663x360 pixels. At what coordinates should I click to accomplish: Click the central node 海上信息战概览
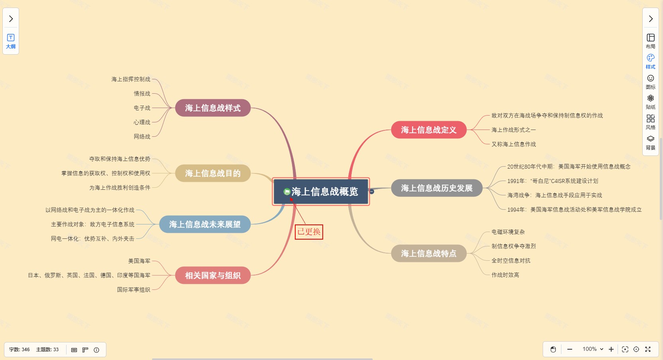[325, 192]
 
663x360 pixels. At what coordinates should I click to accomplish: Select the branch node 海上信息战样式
[213, 108]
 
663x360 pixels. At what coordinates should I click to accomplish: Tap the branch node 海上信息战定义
[428, 130]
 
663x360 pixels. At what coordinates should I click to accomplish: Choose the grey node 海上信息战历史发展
[436, 188]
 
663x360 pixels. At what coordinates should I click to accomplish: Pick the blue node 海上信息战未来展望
[205, 224]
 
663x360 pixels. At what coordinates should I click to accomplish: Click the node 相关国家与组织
[213, 275]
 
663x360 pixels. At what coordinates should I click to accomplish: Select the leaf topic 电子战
[142, 108]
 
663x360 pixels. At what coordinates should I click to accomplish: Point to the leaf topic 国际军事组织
[133, 290]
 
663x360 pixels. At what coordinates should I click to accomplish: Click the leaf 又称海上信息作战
[514, 144]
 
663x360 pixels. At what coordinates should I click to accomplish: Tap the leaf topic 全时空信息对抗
[511, 261]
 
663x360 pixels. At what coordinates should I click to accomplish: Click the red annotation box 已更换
[309, 232]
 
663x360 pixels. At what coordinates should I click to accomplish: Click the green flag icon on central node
[286, 192]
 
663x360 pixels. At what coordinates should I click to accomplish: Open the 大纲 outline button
[11, 41]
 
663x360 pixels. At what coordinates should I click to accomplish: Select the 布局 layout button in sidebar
[650, 41]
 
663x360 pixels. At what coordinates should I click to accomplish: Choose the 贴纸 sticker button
[650, 102]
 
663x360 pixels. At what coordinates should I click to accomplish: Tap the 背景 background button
[650, 142]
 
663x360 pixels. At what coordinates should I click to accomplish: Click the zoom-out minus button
[570, 349]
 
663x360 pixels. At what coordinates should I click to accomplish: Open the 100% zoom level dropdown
[593, 349]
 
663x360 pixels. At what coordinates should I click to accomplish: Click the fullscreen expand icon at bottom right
[648, 349]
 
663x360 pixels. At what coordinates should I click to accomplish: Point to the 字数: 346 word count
[20, 350]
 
